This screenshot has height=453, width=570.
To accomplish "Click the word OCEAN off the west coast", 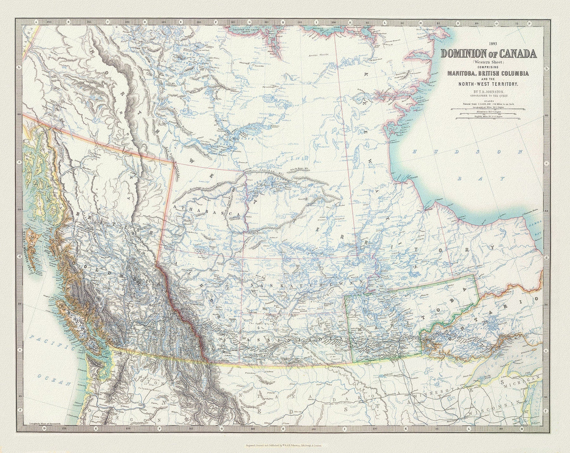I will tap(51, 379).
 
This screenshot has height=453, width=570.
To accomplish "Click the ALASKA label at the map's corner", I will tap(28, 47).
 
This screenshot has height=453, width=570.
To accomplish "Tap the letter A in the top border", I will tap(36, 22).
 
